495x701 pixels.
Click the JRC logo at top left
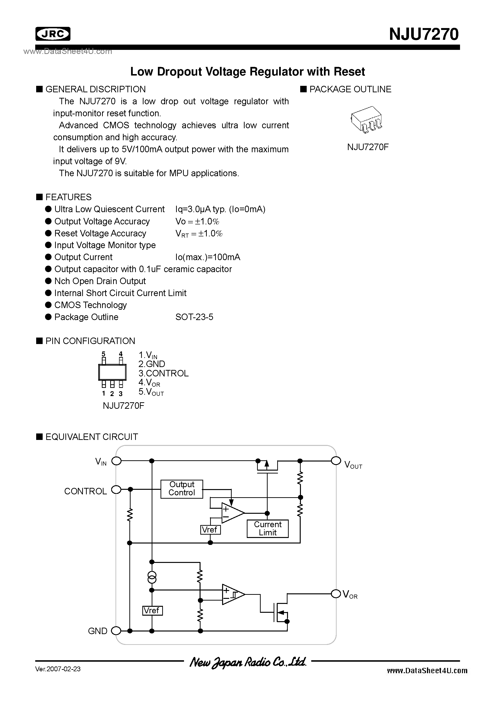53,34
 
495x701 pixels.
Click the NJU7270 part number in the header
424,34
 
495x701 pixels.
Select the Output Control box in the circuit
182,489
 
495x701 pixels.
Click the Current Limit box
267,528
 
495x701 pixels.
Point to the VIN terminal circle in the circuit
116,461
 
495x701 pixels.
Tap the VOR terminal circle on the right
336,594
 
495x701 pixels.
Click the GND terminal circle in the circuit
116,631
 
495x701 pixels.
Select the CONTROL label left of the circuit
86,491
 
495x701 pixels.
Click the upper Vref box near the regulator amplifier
210,530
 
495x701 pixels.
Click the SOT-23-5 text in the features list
194,317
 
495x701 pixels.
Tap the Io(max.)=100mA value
207,257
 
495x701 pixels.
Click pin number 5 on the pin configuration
104,354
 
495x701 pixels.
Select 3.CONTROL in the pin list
164,374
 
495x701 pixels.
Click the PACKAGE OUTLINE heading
350,89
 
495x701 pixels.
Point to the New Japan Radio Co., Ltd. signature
247,662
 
